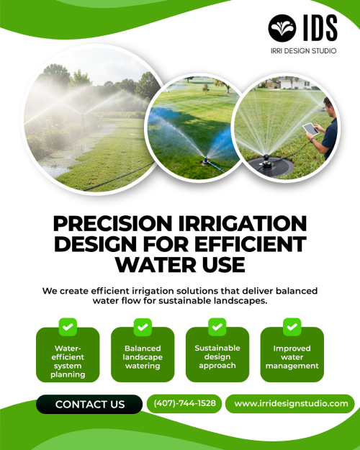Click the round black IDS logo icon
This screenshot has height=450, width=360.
282,28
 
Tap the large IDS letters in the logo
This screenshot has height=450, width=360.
320,28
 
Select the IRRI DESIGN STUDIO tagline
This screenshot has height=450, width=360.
303,51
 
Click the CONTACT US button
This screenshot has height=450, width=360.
89,404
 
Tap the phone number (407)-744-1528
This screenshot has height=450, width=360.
184,403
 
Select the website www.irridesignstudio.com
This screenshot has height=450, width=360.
291,403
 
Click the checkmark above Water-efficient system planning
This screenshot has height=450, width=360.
68,327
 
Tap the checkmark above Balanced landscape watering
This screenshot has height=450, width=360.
143,327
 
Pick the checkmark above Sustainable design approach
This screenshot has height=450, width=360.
217,327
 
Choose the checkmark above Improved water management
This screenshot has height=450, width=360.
292,327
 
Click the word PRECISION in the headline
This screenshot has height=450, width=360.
112,224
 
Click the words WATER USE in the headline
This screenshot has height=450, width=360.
180,265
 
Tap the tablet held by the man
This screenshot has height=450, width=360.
310,129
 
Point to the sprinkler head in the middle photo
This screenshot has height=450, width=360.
205,161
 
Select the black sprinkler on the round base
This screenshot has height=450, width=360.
267,161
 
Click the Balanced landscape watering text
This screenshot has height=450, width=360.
143,356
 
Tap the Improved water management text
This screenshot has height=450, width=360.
292,357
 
